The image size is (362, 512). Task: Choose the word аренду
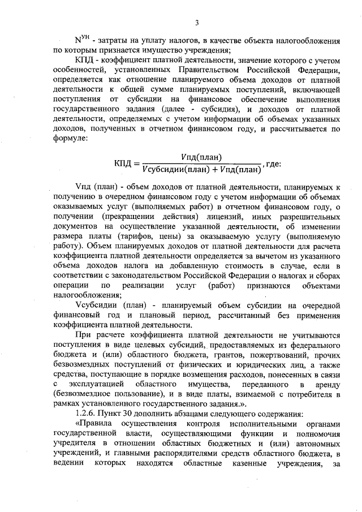coord(325,384)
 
